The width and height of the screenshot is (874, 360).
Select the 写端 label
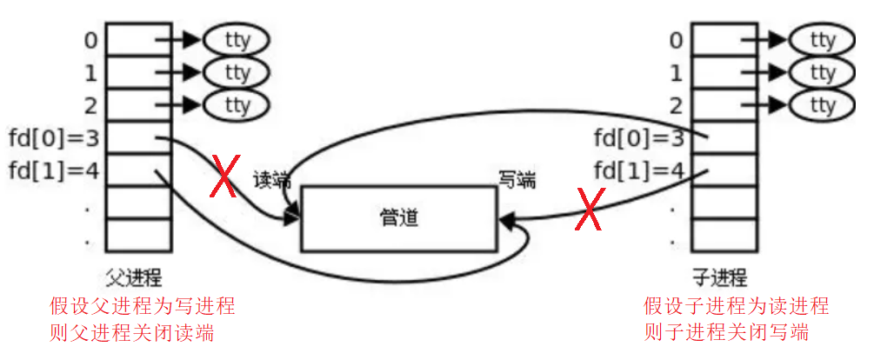pyautogui.click(x=517, y=180)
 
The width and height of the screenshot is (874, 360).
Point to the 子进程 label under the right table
pyautogui.click(x=719, y=278)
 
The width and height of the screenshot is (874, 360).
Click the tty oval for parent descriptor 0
pyautogui.click(x=237, y=40)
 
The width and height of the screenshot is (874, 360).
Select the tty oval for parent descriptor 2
pyautogui.click(x=237, y=105)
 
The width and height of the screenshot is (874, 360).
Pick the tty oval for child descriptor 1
pyautogui.click(x=822, y=72)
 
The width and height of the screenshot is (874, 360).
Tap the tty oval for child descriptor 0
pyautogui.click(x=822, y=40)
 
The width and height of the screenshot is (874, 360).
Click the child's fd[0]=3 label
pyautogui.click(x=638, y=138)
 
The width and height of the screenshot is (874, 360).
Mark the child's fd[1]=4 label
pyautogui.click(x=638, y=170)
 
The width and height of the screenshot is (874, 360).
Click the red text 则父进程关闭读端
pyautogui.click(x=131, y=333)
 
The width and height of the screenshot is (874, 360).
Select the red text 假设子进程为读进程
pyautogui.click(x=736, y=306)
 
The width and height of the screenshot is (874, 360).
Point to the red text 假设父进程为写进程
pyautogui.click(x=142, y=306)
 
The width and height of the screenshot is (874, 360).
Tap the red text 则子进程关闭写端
pyautogui.click(x=726, y=333)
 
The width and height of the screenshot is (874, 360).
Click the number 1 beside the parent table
pyautogui.click(x=91, y=73)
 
